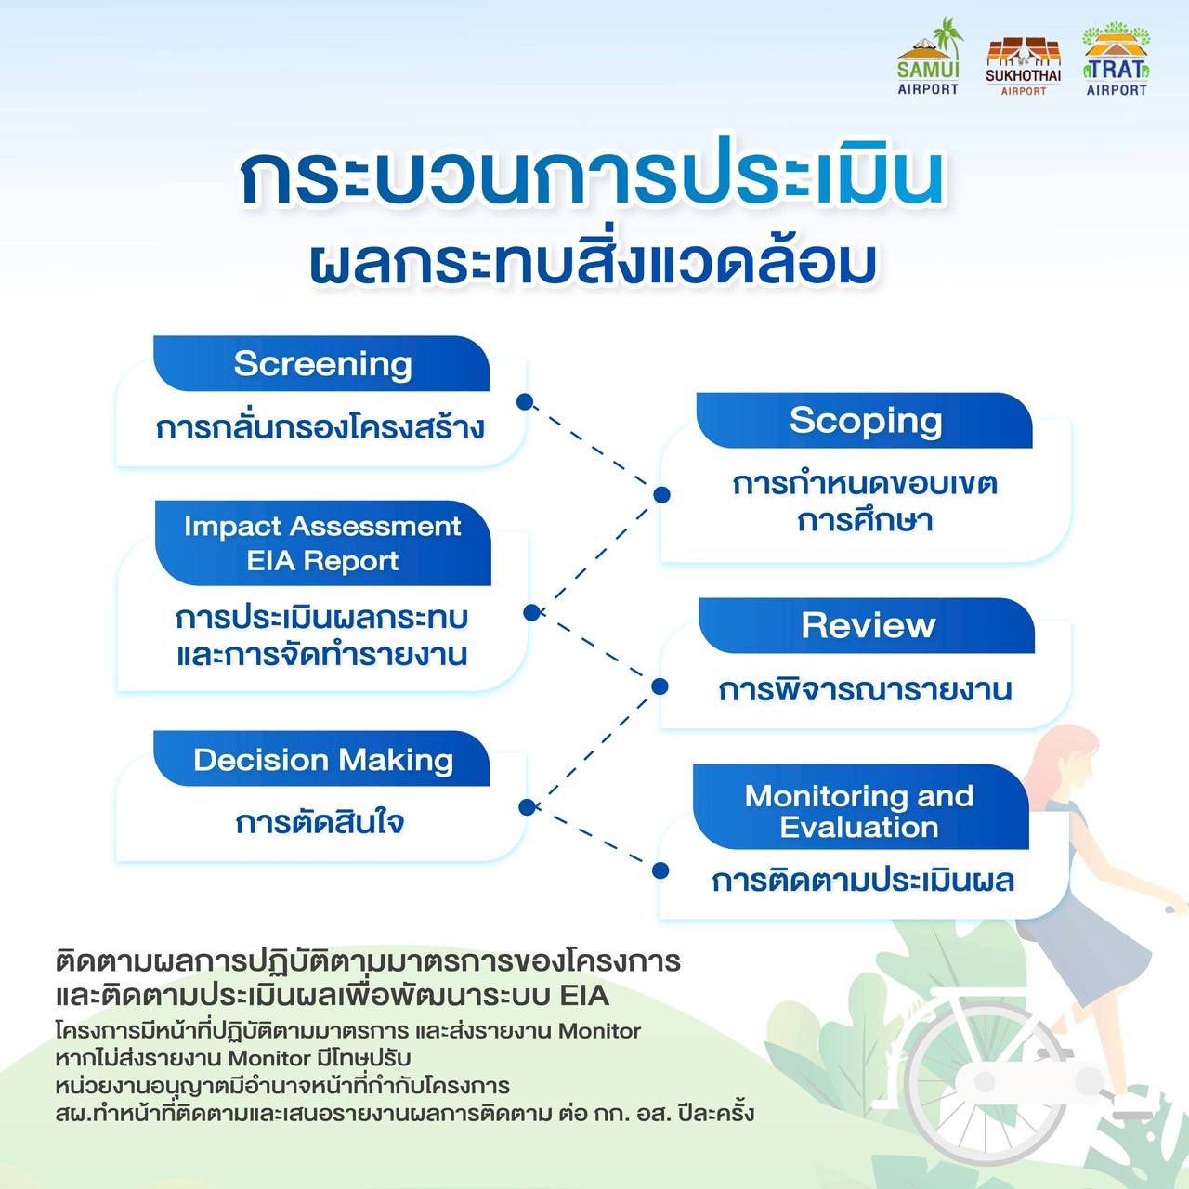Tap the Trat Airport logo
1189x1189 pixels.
[1117, 59]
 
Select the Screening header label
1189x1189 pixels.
[322, 363]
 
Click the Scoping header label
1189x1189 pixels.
[866, 421]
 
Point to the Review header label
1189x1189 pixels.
[869, 625]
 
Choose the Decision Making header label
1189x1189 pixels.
[323, 760]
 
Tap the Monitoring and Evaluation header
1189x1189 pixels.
[859, 811]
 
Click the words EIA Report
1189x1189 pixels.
[322, 561]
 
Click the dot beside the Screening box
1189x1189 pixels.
[525, 402]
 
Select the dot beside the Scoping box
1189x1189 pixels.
[661, 494]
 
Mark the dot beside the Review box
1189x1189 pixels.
[660, 686]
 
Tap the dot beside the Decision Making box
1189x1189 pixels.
[527, 807]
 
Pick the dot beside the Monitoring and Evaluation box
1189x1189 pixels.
[660, 870]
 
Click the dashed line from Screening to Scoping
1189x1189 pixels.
[593, 448]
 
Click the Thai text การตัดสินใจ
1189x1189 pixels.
[320, 822]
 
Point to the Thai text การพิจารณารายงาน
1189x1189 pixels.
[865, 689]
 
